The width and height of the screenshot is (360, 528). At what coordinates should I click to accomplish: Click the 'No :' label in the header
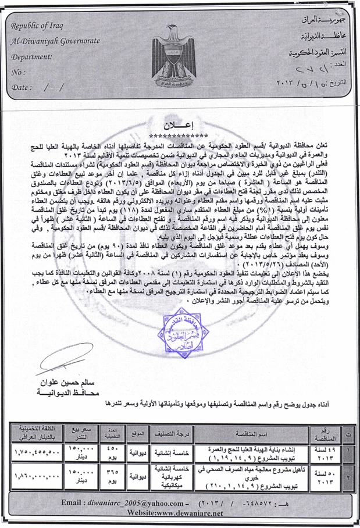tap(19, 73)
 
